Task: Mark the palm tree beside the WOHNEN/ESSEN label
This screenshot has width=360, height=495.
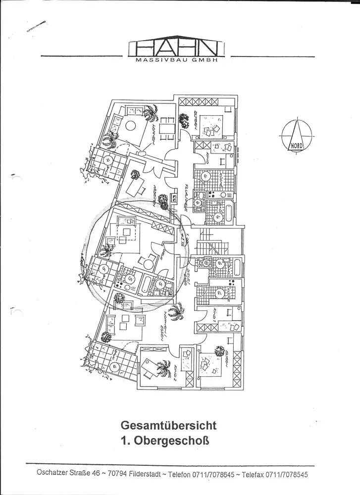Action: coord(175,313)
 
